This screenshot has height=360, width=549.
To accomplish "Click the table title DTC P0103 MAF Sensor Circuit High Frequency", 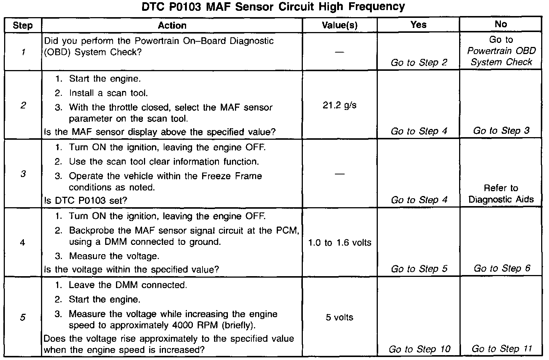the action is pyautogui.click(x=273, y=7).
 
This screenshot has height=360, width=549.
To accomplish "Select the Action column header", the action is pyautogui.click(x=172, y=25).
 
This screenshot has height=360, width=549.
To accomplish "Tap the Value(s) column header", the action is pyautogui.click(x=339, y=25).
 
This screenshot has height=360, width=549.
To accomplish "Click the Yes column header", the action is pyautogui.click(x=418, y=25).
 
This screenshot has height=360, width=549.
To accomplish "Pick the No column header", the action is pyautogui.click(x=501, y=24).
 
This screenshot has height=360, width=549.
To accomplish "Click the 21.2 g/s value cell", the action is pyautogui.click(x=339, y=105).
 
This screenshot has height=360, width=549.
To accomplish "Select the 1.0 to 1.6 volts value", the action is pyautogui.click(x=339, y=243).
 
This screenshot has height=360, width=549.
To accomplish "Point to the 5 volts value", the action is pyautogui.click(x=339, y=318).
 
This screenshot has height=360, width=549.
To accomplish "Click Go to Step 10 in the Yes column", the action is pyautogui.click(x=419, y=349).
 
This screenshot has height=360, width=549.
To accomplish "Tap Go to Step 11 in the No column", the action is pyautogui.click(x=501, y=349).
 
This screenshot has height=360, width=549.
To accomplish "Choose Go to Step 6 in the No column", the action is pyautogui.click(x=501, y=268).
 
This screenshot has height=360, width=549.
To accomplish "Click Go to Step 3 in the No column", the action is pyautogui.click(x=501, y=131).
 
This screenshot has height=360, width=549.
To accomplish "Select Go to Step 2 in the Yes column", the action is pyautogui.click(x=418, y=63).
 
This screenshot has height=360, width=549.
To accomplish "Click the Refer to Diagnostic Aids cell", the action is pyautogui.click(x=501, y=194).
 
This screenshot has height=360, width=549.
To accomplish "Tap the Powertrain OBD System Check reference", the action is pyautogui.click(x=501, y=56).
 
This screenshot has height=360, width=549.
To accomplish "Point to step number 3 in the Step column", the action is pyautogui.click(x=23, y=174).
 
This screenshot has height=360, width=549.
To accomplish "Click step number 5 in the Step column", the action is pyautogui.click(x=23, y=318).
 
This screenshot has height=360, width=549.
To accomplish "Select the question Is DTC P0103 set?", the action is pyautogui.click(x=85, y=200).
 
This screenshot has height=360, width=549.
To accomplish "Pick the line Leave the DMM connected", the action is pyautogui.click(x=128, y=285).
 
